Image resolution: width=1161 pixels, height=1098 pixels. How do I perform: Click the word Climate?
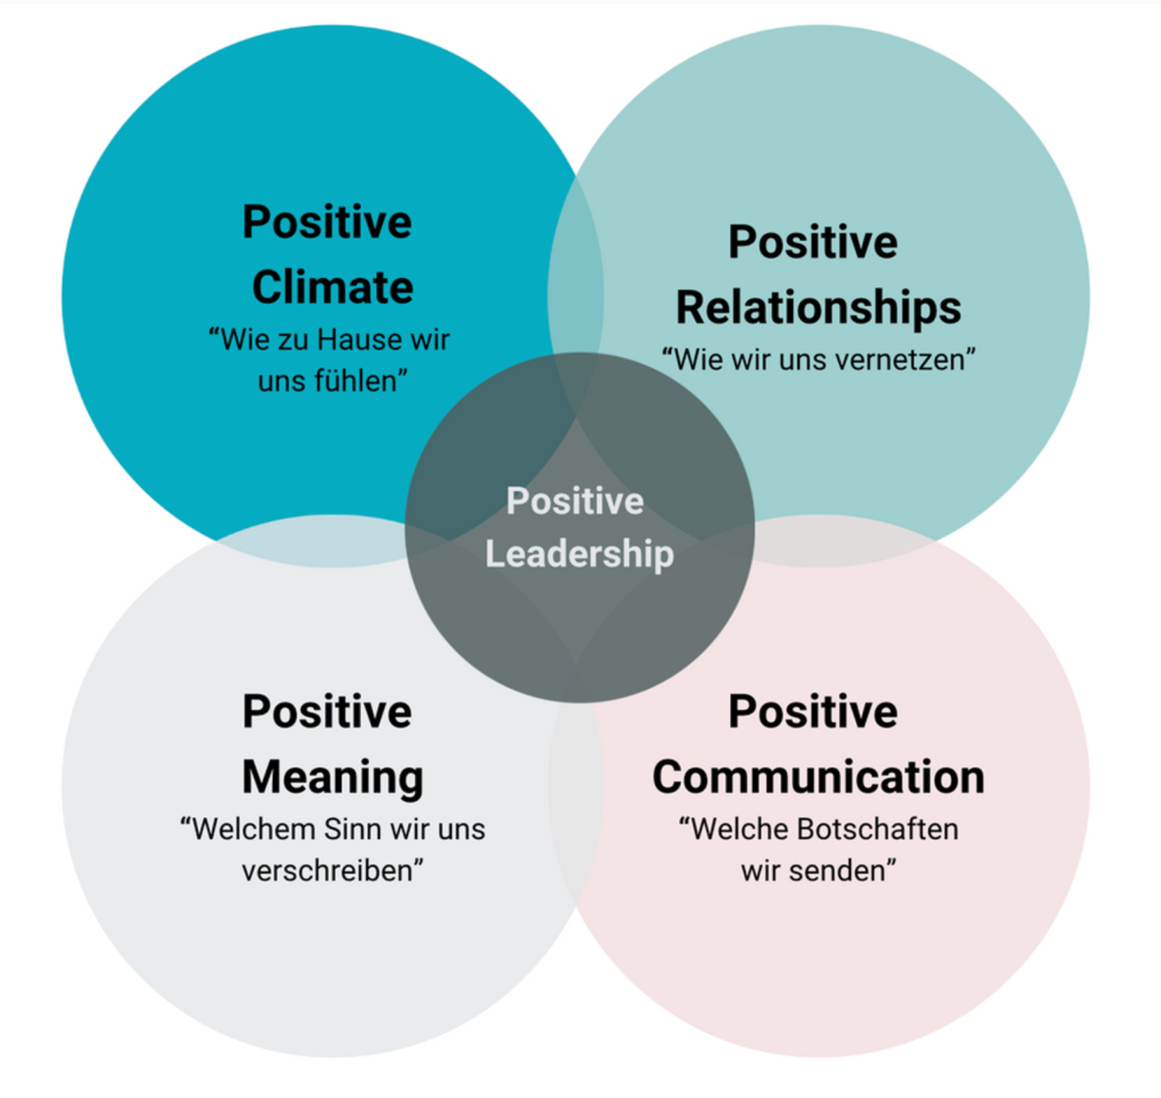tap(332, 287)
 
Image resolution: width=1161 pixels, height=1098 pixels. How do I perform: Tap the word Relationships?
tap(818, 309)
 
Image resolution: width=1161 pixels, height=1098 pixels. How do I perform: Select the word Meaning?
tap(332, 777)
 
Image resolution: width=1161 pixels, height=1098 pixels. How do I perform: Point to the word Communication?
tap(818, 777)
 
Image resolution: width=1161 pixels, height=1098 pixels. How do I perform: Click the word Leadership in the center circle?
tap(580, 554)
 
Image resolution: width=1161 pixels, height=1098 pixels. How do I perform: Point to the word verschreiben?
tap(332, 870)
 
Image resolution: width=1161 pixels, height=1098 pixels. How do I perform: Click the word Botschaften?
tap(877, 828)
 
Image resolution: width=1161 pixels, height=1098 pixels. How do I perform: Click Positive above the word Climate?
tap(327, 222)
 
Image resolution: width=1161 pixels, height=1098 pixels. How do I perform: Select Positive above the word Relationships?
tap(813, 242)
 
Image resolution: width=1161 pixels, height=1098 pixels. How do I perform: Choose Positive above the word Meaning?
tap(327, 712)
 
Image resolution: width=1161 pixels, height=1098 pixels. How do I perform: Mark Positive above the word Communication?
tap(813, 712)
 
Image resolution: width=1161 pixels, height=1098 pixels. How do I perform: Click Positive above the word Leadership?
tap(575, 501)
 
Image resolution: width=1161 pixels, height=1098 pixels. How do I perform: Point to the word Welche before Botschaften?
tap(735, 828)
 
